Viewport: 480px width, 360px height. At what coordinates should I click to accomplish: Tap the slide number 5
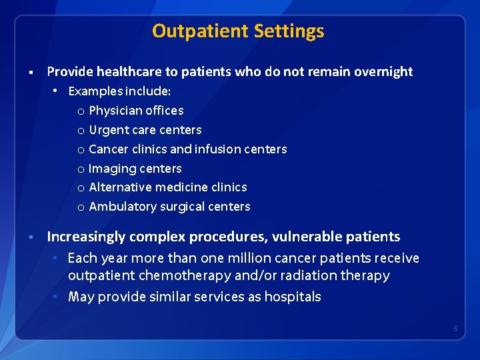click(x=455, y=329)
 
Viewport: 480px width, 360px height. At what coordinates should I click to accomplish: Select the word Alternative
click(x=119, y=187)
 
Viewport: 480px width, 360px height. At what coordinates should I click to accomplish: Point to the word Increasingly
click(x=86, y=237)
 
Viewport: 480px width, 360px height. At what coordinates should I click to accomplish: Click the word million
click(x=235, y=258)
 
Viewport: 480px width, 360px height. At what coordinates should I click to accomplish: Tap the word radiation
click(x=295, y=275)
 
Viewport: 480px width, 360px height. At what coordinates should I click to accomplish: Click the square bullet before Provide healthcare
click(x=31, y=72)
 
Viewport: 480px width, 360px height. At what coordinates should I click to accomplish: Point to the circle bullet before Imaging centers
click(x=81, y=169)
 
